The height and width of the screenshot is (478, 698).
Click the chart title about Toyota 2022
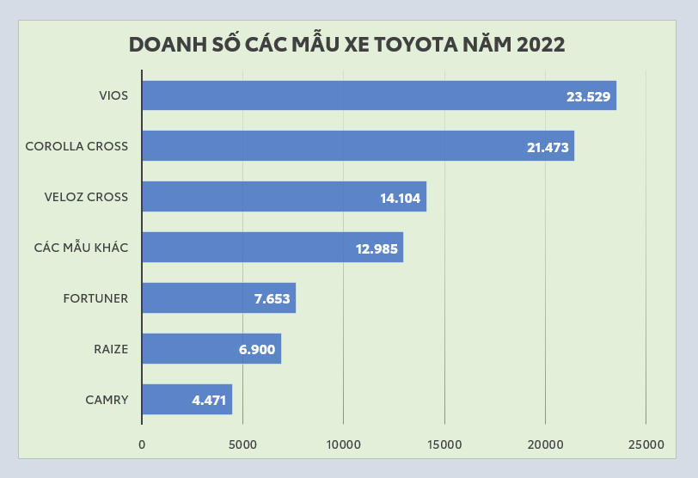[346, 46]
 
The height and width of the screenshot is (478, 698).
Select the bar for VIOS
[378, 95]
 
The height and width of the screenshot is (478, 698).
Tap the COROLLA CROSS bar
[357, 146]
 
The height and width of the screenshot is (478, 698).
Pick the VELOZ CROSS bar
[284, 197]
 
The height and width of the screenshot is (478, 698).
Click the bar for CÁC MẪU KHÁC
[272, 248]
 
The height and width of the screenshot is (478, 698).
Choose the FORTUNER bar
[218, 298]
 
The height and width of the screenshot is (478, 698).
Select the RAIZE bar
[211, 349]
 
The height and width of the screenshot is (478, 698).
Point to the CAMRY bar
[187, 400]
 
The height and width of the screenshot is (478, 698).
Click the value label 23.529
[588, 96]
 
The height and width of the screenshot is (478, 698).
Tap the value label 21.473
[548, 147]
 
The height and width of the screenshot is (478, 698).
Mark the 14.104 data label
[400, 198]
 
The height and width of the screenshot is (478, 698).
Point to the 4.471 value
[209, 401]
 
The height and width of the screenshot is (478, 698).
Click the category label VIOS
[113, 95]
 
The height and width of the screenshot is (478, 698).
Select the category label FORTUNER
[95, 298]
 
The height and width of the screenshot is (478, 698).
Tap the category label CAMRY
[107, 400]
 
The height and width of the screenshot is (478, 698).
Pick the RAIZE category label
[111, 349]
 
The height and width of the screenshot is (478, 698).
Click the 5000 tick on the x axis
[242, 444]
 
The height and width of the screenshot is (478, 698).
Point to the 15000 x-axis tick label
[444, 444]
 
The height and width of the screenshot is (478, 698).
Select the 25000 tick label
[646, 444]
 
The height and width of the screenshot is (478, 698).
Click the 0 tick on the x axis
[142, 444]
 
